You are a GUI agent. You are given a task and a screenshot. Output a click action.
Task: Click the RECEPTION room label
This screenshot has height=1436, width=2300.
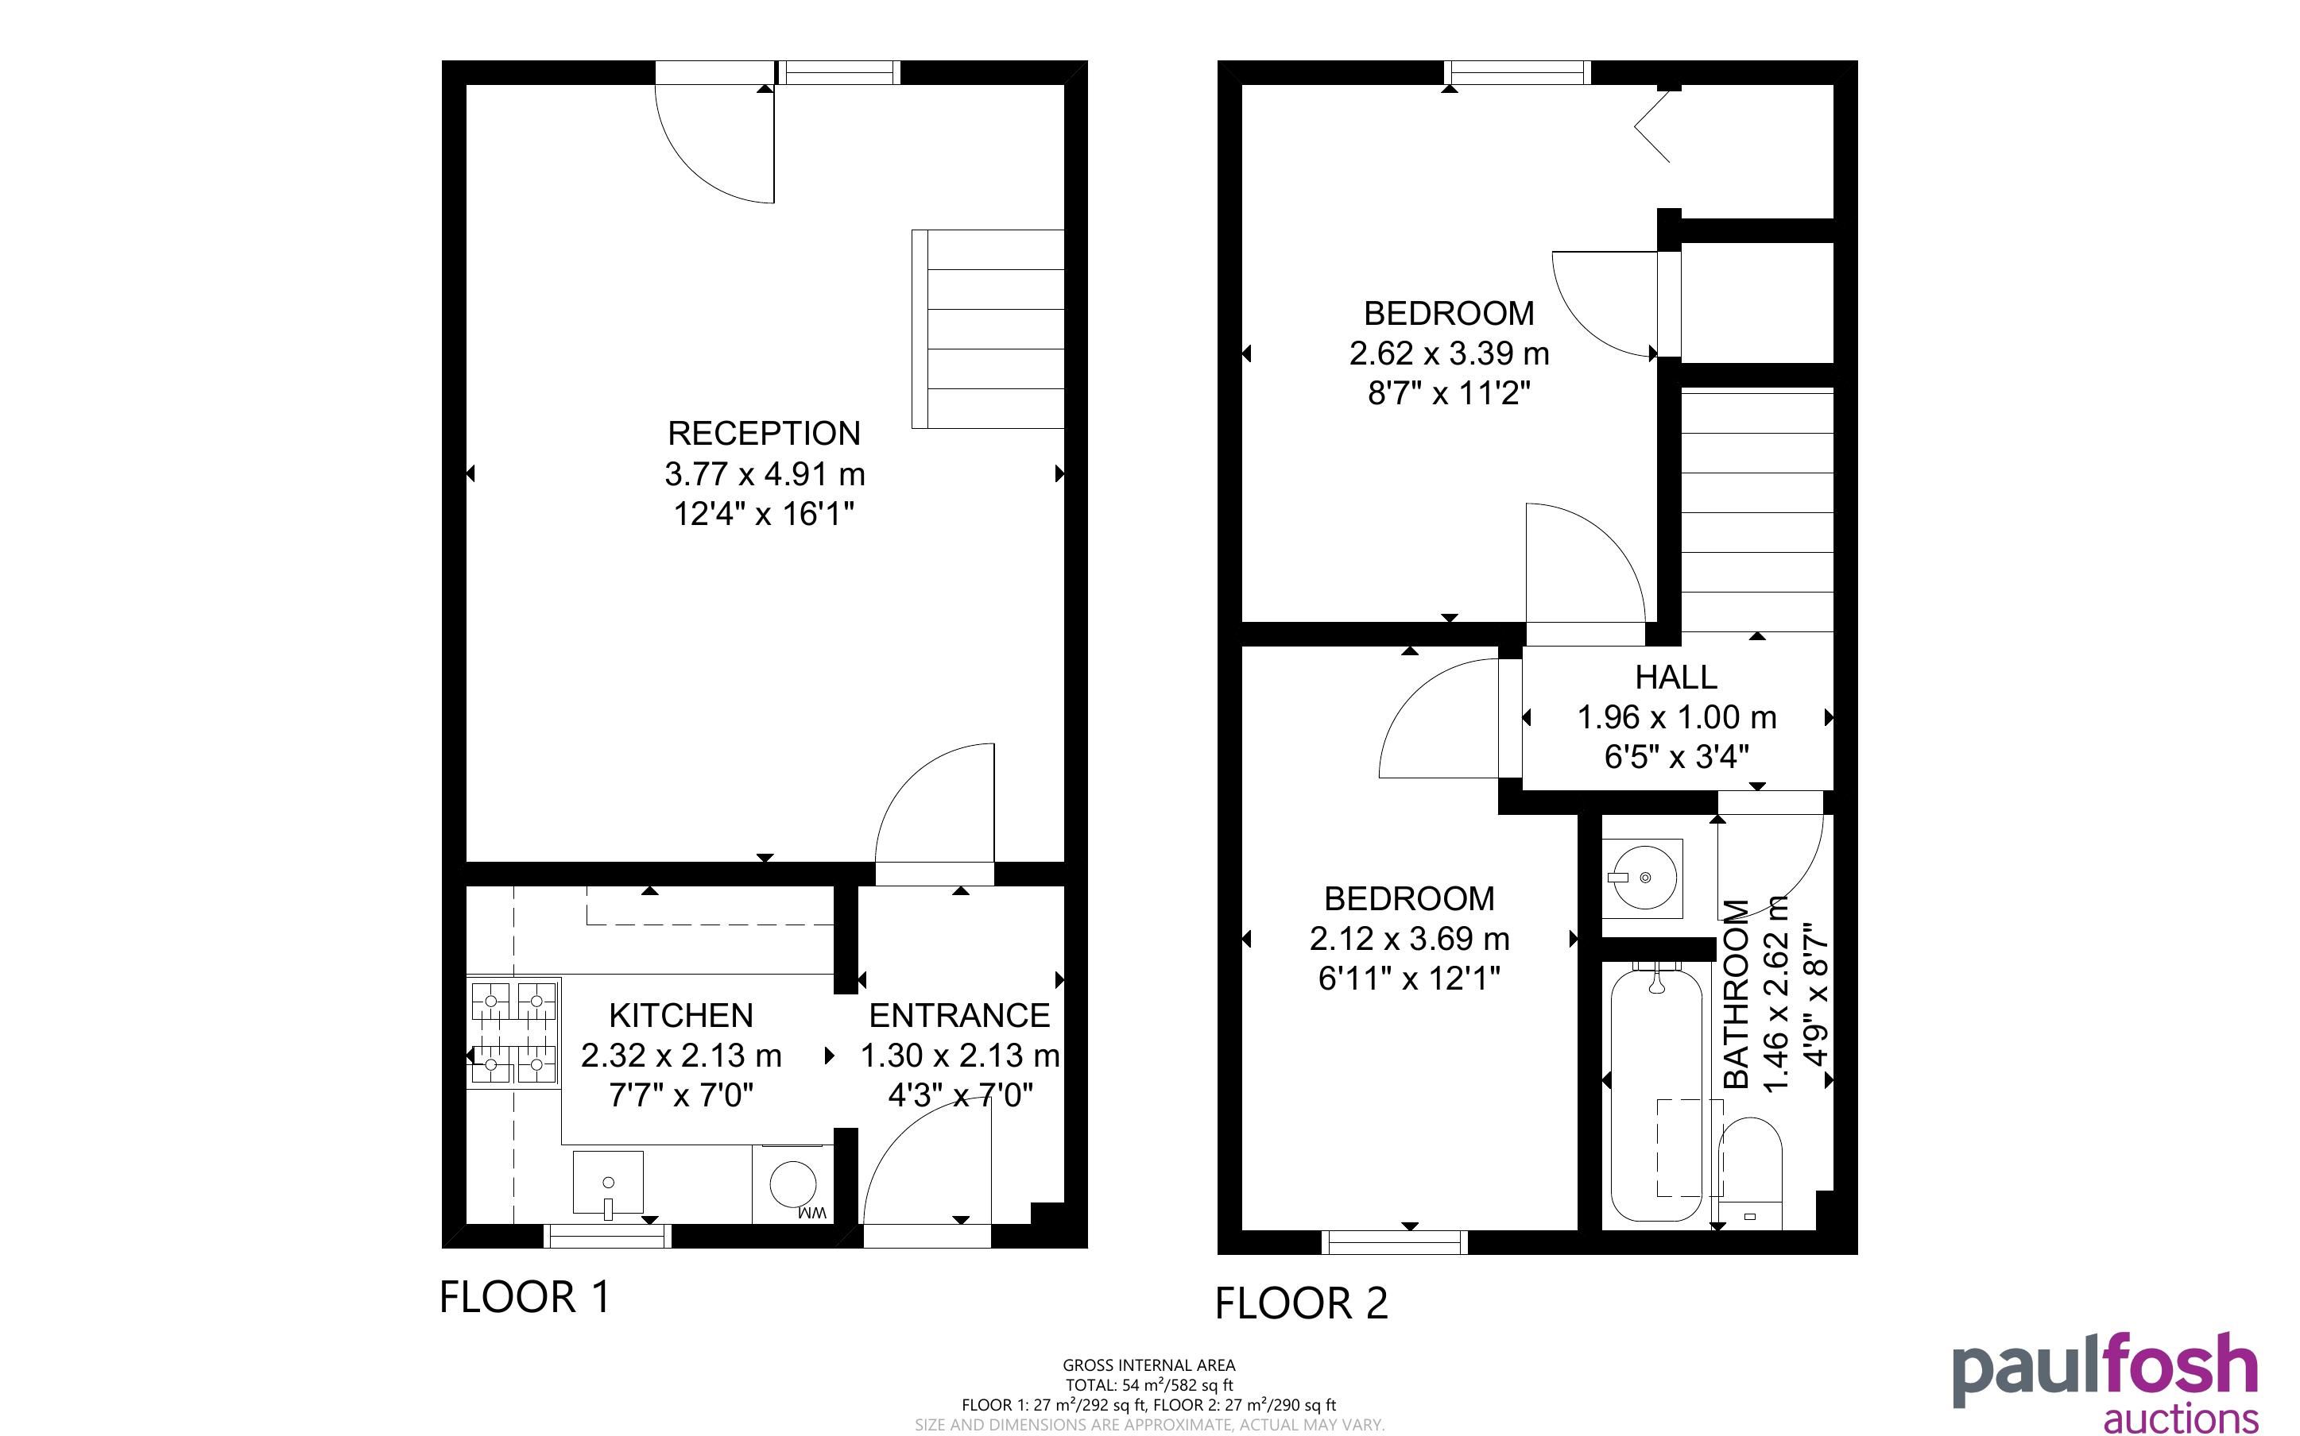click(x=764, y=433)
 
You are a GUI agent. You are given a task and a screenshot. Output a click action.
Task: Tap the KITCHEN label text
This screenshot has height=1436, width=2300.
click(x=681, y=1015)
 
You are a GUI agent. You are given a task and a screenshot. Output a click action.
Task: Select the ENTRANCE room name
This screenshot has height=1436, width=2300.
click(x=959, y=1015)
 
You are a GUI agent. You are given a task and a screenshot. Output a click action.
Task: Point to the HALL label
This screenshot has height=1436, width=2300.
click(x=1676, y=677)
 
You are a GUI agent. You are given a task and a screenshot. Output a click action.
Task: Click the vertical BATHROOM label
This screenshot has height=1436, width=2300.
click(x=1736, y=994)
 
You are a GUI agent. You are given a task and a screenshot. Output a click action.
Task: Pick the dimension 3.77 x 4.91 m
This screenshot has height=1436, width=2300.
click(x=765, y=473)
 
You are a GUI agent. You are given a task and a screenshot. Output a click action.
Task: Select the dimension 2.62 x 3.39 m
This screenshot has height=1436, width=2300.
click(x=1449, y=353)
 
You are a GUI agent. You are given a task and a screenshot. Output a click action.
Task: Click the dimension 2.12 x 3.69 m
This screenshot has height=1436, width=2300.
click(x=1409, y=938)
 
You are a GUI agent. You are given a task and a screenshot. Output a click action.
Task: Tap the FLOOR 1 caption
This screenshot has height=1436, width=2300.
click(x=525, y=1296)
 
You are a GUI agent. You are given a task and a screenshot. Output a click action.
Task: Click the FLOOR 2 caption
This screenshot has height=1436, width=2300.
click(x=1302, y=1303)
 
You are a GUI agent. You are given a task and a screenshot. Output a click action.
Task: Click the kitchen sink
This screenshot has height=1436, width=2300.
click(x=608, y=1183)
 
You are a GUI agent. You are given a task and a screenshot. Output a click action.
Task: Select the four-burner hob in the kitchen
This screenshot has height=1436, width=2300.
click(x=514, y=1032)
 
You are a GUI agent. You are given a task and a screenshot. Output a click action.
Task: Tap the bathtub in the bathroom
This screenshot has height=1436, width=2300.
click(x=1656, y=1092)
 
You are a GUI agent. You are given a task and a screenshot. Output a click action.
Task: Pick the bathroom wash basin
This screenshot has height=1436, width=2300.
click(x=1643, y=878)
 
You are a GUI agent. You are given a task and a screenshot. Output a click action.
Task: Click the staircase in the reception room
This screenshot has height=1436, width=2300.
click(x=987, y=329)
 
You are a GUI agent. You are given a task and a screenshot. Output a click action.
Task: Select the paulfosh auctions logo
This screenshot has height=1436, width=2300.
click(x=2104, y=1382)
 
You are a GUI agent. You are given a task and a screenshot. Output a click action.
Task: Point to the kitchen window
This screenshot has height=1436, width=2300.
click(x=607, y=1236)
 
